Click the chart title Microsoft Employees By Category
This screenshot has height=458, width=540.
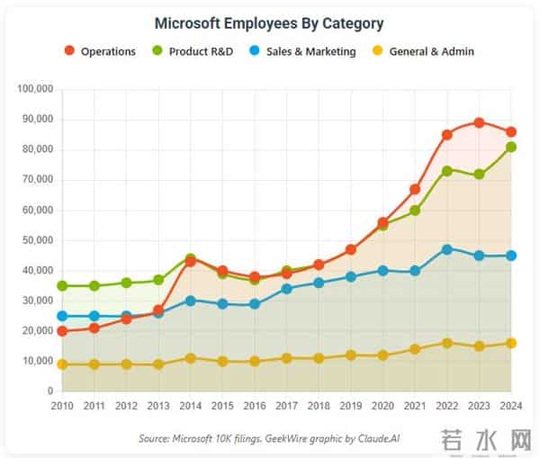click(x=269, y=23)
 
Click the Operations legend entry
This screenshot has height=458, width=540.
click(x=101, y=51)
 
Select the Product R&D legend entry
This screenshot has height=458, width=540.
click(x=193, y=51)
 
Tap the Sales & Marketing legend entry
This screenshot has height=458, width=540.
click(x=304, y=51)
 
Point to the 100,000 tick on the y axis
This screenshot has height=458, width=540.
click(x=36, y=89)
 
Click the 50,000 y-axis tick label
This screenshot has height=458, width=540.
click(x=39, y=240)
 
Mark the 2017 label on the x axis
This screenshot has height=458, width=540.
click(x=286, y=407)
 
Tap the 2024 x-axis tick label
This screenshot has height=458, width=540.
click(x=511, y=407)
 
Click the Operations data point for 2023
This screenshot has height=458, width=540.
click(x=479, y=122)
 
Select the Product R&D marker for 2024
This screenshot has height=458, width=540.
click(x=511, y=147)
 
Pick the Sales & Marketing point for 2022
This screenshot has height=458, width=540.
click(x=447, y=248)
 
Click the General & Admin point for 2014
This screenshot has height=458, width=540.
click(x=190, y=358)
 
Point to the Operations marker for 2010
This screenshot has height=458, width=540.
click(x=62, y=331)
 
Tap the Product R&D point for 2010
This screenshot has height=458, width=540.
click(x=62, y=286)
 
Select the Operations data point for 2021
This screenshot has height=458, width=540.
click(x=415, y=189)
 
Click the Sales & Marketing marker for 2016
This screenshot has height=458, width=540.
click(x=255, y=304)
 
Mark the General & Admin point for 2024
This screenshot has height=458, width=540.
click(x=511, y=343)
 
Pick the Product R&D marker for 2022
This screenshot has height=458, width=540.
click(x=447, y=170)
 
